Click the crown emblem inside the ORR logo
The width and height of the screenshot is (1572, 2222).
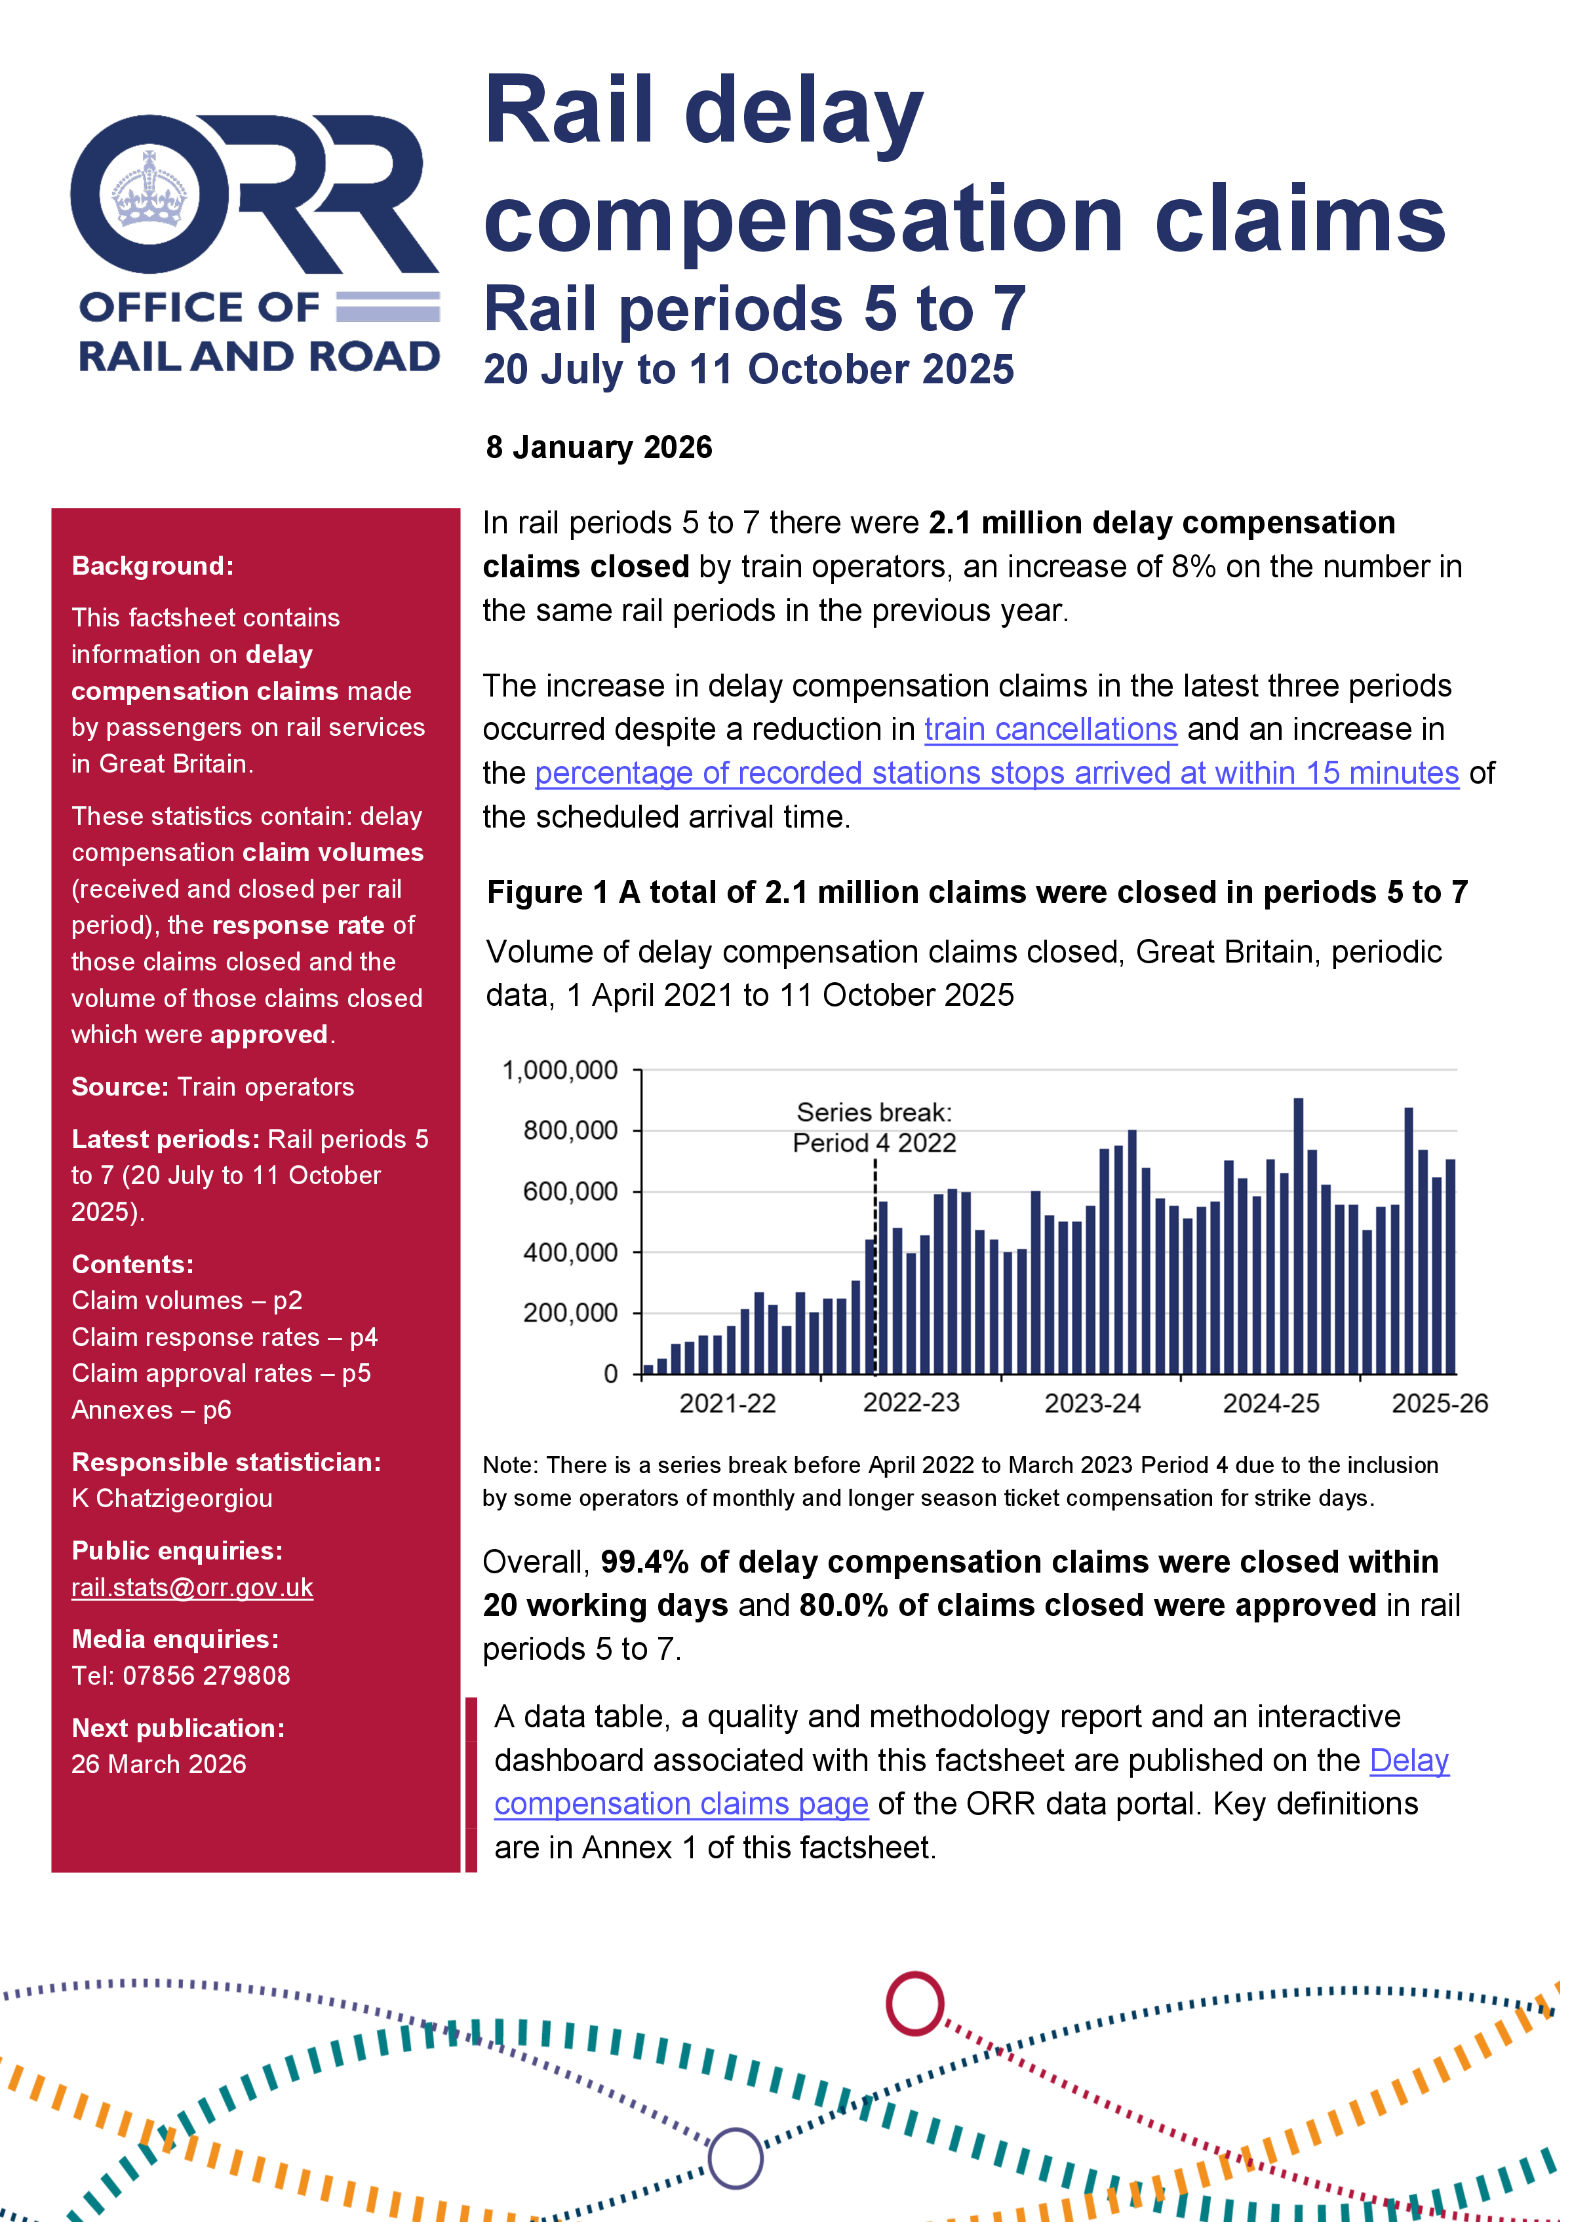(149, 191)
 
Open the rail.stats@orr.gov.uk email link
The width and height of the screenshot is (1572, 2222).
(191, 1588)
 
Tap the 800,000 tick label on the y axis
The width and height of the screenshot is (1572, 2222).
(570, 1130)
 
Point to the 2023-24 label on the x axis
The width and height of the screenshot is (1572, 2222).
(1092, 1404)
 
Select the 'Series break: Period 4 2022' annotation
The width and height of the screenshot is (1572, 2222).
(874, 1128)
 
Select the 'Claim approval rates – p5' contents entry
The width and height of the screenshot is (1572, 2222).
(221, 1373)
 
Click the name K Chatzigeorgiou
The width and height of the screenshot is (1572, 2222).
(171, 1498)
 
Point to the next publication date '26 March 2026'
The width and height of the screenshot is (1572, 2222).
(159, 1764)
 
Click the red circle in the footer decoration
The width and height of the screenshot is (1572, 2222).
(914, 2003)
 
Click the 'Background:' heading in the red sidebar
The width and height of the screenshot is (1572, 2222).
(152, 566)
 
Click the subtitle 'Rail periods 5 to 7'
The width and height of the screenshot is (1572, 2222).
(753, 310)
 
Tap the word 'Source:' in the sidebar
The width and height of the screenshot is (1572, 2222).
(119, 1087)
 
